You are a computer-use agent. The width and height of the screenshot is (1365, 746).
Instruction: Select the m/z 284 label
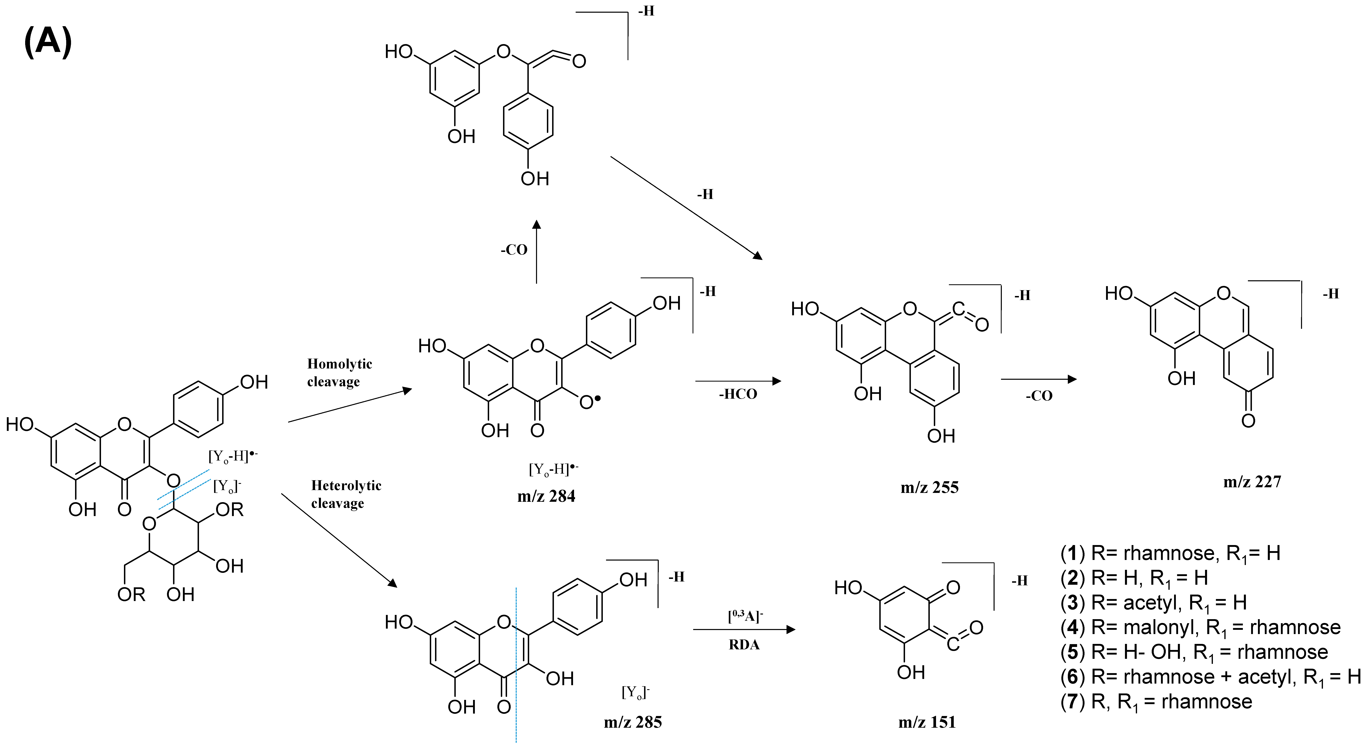click(546, 496)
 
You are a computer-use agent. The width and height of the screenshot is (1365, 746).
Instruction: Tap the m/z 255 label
click(929, 487)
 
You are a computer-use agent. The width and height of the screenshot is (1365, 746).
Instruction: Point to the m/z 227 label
click(1252, 482)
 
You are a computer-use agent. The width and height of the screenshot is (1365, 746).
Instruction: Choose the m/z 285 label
click(633, 722)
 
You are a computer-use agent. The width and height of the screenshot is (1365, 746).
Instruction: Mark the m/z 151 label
click(927, 722)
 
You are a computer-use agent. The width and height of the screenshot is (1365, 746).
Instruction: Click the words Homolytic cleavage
click(339, 372)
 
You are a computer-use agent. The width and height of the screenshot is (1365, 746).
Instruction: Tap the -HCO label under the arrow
click(738, 394)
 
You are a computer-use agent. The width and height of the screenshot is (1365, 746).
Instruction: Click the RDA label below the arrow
click(744, 645)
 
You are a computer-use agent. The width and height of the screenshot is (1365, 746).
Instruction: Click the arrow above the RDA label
click(744, 629)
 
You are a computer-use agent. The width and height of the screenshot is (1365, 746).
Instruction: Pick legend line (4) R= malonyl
click(1200, 627)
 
